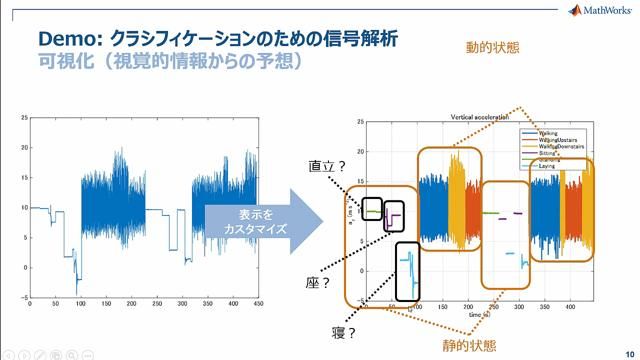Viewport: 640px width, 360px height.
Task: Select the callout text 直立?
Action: click(x=327, y=167)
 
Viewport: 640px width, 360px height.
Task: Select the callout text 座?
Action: click(x=318, y=283)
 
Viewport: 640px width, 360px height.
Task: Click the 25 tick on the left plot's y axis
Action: click(x=24, y=118)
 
